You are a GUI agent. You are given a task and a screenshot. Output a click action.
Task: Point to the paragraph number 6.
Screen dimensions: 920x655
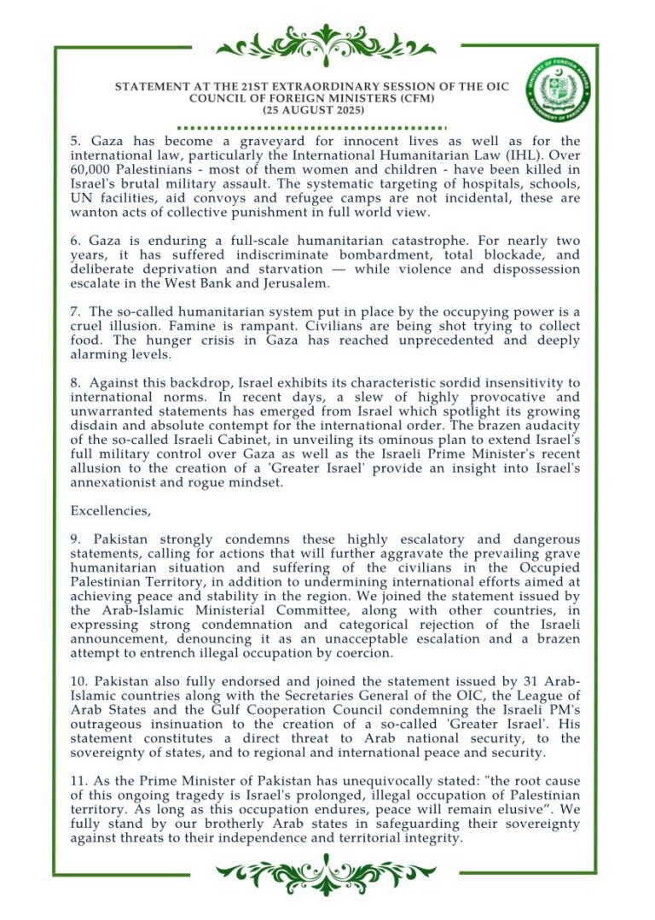tap(75, 242)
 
